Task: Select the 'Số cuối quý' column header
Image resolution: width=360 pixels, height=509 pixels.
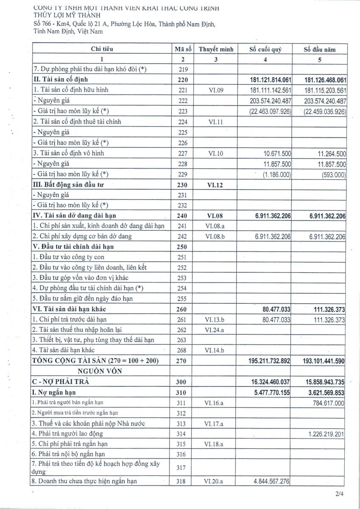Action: [x=265, y=49]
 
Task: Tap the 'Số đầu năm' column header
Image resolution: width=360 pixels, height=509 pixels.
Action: [x=320, y=49]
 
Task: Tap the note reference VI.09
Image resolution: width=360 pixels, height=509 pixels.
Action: [x=215, y=90]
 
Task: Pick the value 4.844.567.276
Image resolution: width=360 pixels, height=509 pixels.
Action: [x=269, y=481]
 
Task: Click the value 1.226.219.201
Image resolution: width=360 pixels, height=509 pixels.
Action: [x=323, y=433]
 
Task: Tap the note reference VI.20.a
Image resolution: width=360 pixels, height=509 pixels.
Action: [x=215, y=481]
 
